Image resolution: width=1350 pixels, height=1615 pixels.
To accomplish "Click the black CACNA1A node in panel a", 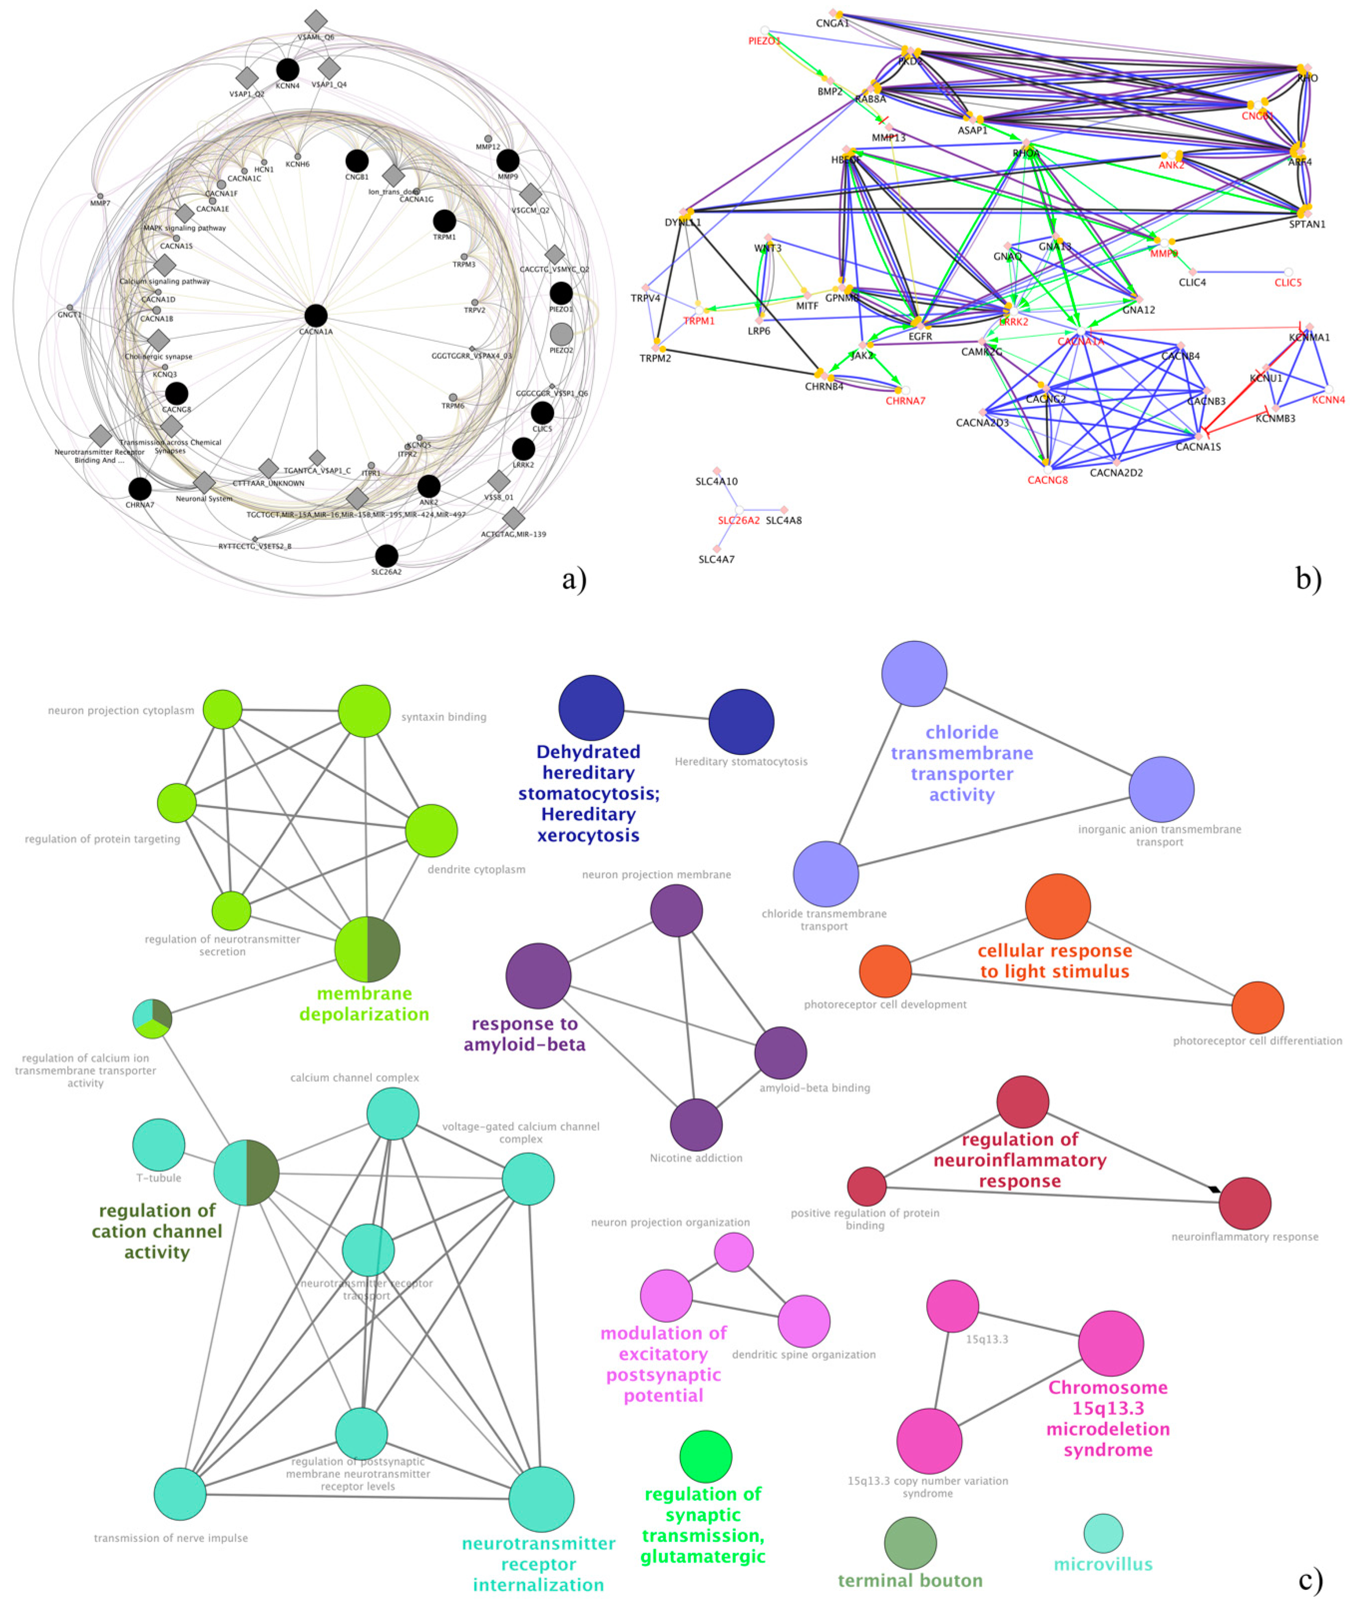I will [315, 315].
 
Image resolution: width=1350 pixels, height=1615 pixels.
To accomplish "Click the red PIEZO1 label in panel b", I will [764, 41].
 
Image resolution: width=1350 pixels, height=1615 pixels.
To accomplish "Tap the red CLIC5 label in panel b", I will [1288, 283].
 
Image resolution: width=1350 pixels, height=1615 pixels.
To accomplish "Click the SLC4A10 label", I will [716, 482].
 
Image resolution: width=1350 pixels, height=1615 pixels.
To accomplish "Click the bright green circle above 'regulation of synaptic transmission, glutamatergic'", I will [705, 1457].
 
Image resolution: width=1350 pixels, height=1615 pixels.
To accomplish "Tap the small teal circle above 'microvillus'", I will [1103, 1533].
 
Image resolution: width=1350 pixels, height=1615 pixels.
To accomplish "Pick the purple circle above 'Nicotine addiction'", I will [696, 1125].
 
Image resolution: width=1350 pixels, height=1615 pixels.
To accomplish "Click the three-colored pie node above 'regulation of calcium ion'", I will [152, 1019].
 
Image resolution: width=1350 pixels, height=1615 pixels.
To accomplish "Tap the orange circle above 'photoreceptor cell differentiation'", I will [1257, 1007].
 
